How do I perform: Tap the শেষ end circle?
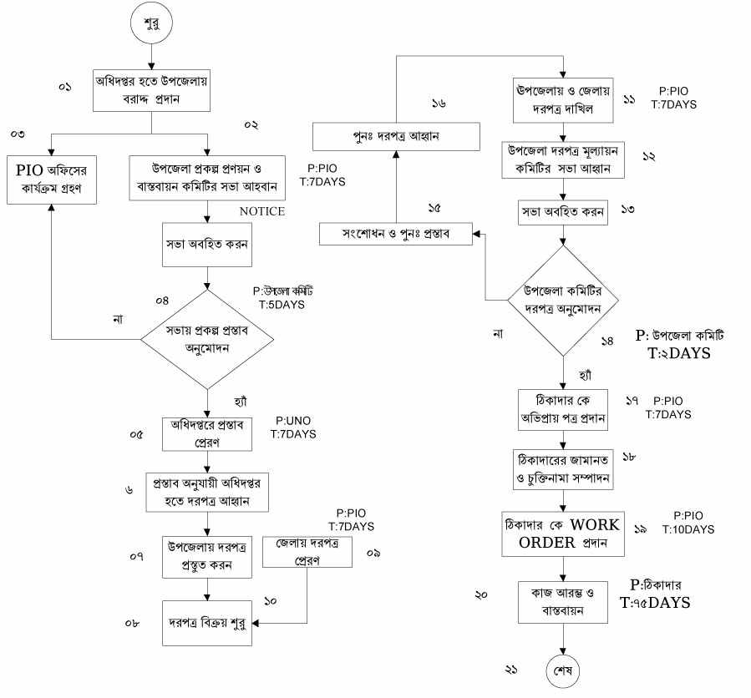tap(564, 670)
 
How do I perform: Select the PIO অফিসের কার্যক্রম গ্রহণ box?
tap(52, 178)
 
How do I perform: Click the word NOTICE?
tap(261, 212)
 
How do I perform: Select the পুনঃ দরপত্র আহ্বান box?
tap(397, 136)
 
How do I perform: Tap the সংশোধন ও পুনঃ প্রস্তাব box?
tap(397, 233)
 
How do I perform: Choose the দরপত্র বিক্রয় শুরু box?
tap(206, 623)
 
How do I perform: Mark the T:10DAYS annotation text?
tap(688, 529)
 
